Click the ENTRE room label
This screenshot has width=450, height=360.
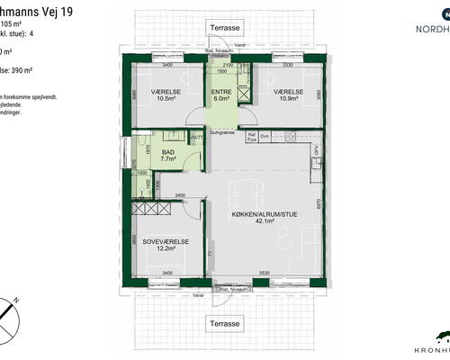point(221,92)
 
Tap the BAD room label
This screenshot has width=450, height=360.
point(168,154)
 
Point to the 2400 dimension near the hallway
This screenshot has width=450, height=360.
point(180,194)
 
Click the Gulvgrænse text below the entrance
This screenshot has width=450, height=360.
point(222,132)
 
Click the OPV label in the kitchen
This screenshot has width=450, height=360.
point(316,150)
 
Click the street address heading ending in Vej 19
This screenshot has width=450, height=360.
point(28,8)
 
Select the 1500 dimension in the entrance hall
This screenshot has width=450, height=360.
point(220,71)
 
